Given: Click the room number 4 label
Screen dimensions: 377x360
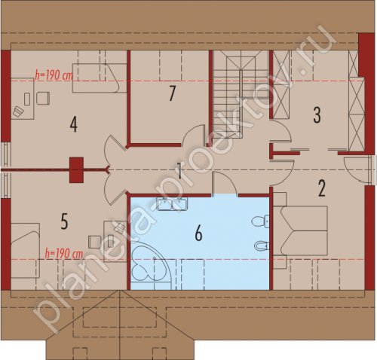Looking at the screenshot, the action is (73, 125).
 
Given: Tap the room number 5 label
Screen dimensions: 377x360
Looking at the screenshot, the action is (64, 221).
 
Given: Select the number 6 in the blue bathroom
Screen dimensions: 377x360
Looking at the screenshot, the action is (198, 234).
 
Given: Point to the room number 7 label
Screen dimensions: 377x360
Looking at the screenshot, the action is (172, 93).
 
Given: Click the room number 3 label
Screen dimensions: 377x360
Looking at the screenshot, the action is (317, 115).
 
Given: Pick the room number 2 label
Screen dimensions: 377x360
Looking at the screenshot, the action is (322, 189).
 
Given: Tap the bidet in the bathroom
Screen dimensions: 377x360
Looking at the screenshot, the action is (262, 246).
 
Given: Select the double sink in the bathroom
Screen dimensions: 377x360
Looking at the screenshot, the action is (172, 203).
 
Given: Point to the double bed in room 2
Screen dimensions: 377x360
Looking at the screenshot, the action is (300, 230).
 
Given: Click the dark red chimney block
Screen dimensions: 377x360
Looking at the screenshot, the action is (76, 169).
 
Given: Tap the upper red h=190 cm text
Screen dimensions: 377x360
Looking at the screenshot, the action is (54, 75).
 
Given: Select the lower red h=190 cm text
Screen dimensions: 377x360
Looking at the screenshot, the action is (64, 254).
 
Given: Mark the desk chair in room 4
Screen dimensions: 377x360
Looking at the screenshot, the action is (43, 98).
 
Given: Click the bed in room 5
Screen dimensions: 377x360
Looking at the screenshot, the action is (25, 250).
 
